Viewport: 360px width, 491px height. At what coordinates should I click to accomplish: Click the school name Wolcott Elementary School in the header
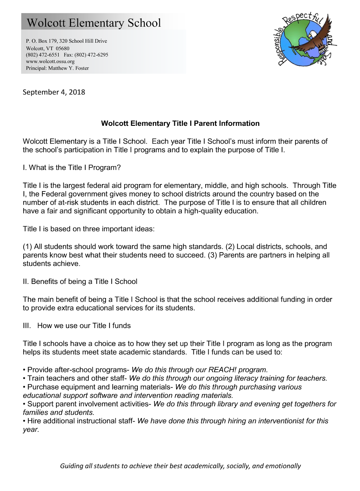point(94,23)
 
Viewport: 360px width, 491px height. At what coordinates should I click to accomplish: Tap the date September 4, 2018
point(54,92)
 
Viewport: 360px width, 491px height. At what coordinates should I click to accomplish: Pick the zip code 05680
point(63,48)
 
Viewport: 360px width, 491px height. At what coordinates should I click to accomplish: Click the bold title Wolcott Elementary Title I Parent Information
point(180,123)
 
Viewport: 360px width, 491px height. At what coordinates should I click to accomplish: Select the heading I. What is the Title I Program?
point(72,168)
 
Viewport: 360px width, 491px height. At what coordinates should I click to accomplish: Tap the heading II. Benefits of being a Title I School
point(80,281)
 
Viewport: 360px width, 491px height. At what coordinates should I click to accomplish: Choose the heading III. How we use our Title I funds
point(77,326)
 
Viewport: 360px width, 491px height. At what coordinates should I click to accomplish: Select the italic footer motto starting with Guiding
point(180,466)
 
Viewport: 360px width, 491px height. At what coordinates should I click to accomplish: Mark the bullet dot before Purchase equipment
point(24,387)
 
